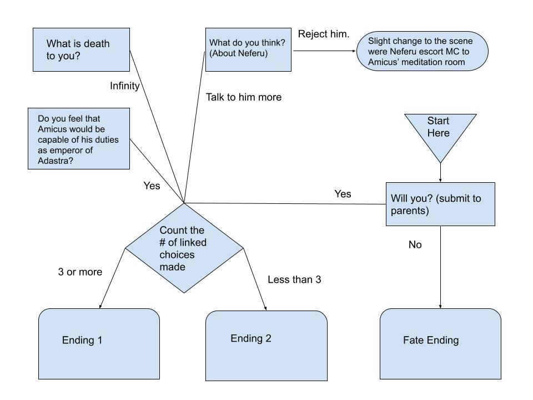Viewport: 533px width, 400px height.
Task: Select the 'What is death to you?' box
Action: (x=81, y=49)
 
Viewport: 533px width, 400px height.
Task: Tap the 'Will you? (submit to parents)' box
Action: (x=440, y=204)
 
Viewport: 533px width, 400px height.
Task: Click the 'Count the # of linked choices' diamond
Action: (x=184, y=248)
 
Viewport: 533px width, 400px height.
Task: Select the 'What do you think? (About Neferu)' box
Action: (x=248, y=49)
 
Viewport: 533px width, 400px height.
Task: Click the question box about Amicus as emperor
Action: (x=79, y=138)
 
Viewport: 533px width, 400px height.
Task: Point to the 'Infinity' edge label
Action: (x=124, y=86)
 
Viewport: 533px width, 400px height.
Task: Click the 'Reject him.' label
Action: (x=324, y=34)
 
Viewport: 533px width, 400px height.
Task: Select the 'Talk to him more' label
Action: (x=244, y=97)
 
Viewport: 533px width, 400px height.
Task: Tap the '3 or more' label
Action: (x=80, y=272)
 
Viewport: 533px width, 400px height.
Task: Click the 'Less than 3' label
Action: (x=294, y=279)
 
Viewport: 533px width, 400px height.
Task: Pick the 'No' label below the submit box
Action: (x=415, y=244)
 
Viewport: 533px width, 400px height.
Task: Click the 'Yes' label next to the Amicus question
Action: (x=152, y=186)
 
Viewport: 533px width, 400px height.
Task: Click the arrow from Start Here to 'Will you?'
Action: (x=440, y=172)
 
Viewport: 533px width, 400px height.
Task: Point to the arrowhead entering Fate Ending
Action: (x=440, y=306)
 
